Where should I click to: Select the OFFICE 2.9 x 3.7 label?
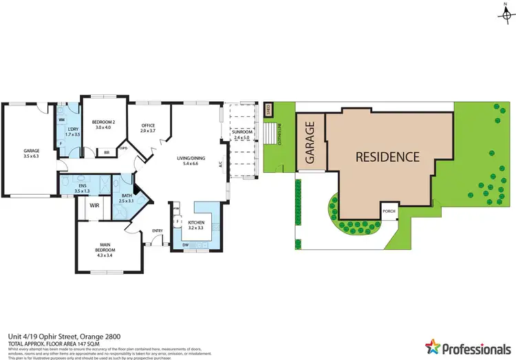148,127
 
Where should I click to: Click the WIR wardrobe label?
93,204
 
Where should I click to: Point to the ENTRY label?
158,231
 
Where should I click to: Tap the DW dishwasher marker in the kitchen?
186,245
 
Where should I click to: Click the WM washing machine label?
61,120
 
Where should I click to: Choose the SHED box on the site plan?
268,109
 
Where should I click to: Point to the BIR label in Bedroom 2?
106,153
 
